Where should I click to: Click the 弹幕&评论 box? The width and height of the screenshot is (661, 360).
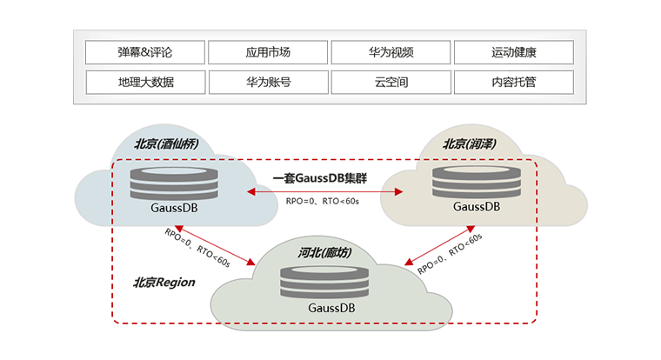(x=145, y=52)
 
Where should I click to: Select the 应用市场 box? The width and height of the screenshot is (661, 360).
(x=268, y=52)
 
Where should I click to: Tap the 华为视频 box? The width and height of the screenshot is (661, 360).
(x=391, y=52)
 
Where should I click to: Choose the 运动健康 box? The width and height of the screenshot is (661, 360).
(x=513, y=52)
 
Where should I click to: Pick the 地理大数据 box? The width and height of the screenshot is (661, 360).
(x=145, y=83)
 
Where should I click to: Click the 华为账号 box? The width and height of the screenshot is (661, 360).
(x=268, y=83)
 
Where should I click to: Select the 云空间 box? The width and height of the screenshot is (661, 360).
(x=391, y=83)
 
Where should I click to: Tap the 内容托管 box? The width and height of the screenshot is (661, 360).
(x=513, y=83)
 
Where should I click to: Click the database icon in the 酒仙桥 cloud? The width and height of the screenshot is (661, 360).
(x=161, y=182)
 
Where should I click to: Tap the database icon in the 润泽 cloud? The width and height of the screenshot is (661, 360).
(x=476, y=182)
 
